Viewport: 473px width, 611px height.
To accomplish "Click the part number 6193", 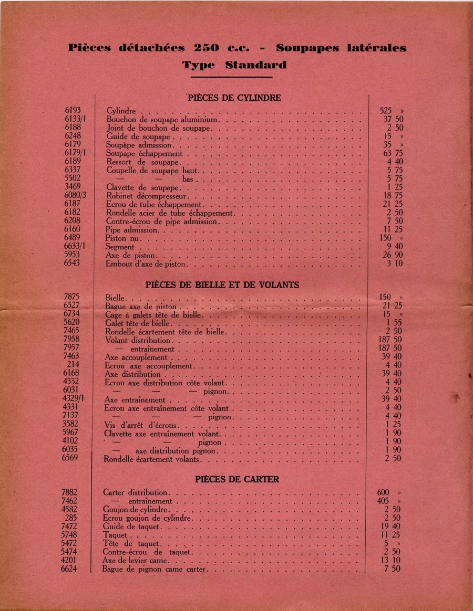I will (x=73, y=111).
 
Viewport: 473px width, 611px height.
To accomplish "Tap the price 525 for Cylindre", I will (x=385, y=111).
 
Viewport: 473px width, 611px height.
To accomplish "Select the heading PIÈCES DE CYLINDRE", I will (x=234, y=98).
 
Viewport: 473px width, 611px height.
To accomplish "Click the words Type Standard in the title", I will (x=234, y=66).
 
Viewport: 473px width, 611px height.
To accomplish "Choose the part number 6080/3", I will (x=75, y=196).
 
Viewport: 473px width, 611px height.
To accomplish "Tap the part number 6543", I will (x=73, y=264).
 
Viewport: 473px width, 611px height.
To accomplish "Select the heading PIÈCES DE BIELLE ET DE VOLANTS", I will (x=222, y=285).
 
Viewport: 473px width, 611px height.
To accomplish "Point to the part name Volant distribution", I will (x=138, y=340).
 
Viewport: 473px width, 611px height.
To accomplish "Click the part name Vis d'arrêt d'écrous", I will (x=141, y=425).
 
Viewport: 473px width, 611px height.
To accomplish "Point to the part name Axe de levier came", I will (x=136, y=560).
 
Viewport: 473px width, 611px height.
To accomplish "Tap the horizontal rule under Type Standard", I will (x=231, y=77).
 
